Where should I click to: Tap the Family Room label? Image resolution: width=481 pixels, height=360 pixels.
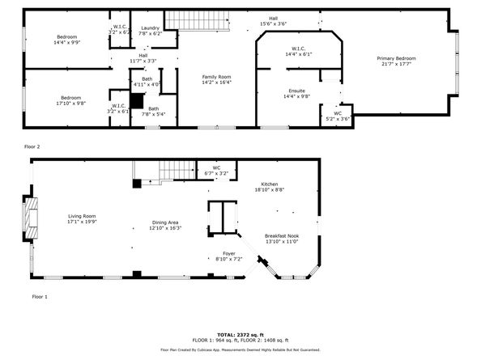point(216,79)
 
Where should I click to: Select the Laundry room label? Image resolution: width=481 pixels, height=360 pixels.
point(151,31)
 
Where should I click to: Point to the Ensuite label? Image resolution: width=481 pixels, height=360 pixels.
point(296,93)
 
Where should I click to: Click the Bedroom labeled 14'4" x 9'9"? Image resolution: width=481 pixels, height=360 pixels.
point(67,40)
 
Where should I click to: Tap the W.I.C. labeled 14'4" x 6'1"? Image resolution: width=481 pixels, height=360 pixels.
point(298,52)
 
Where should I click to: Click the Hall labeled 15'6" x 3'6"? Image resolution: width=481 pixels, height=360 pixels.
point(274,21)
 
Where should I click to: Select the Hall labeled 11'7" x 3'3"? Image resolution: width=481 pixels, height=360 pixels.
point(143,57)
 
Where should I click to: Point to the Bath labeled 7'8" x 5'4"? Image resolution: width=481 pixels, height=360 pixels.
point(153,111)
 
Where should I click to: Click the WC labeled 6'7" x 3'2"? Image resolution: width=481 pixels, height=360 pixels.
point(216,170)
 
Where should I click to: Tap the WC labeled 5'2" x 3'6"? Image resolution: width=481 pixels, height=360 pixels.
point(337,116)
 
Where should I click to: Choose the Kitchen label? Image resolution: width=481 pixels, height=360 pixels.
point(269,186)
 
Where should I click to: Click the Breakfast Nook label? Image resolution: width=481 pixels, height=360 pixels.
point(281,239)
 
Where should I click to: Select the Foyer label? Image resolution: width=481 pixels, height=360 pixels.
point(228,256)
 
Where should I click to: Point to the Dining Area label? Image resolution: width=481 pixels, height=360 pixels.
point(165,225)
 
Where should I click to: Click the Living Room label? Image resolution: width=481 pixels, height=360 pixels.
point(82,218)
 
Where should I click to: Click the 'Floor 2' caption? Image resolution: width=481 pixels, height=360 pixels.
point(32,146)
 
